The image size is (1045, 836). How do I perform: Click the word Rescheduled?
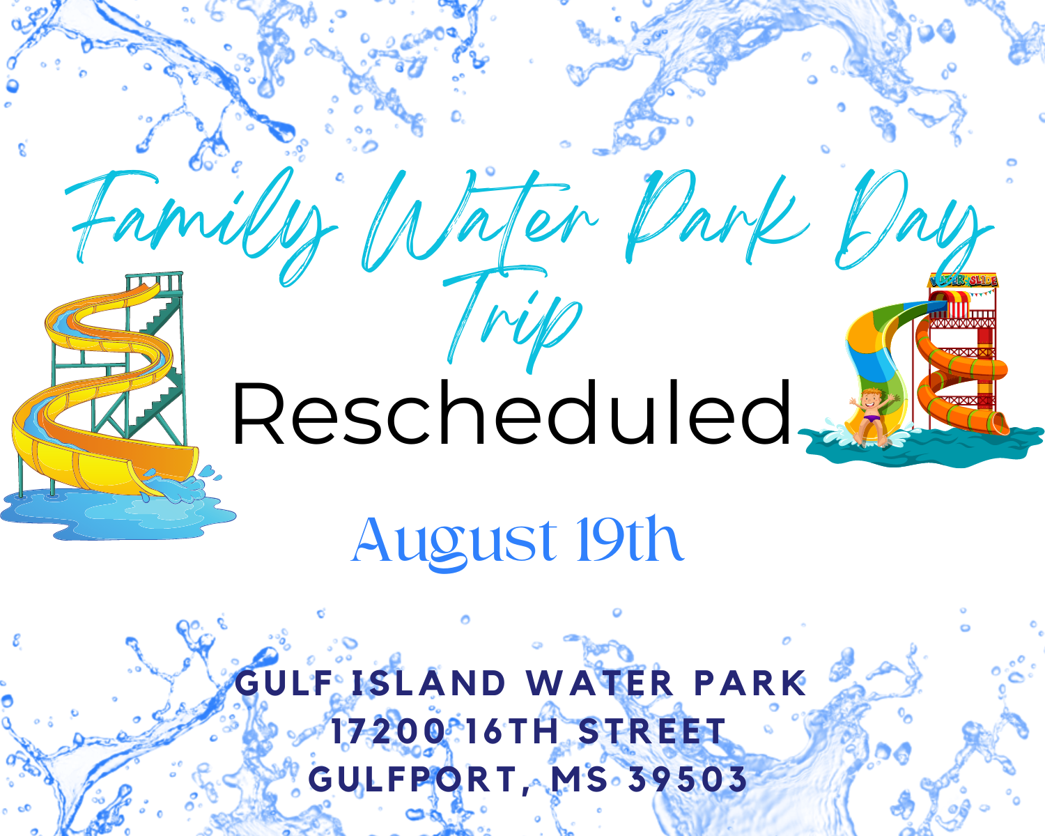coord(512,413)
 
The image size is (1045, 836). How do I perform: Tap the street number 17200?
coord(389,731)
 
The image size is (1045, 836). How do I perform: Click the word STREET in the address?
coord(652,731)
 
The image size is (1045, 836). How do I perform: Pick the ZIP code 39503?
coord(688,779)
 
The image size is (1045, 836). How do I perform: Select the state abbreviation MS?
coord(580,779)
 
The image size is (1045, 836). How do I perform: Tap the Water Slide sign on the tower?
coord(963,280)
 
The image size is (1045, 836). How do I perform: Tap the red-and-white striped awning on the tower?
coord(957,304)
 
